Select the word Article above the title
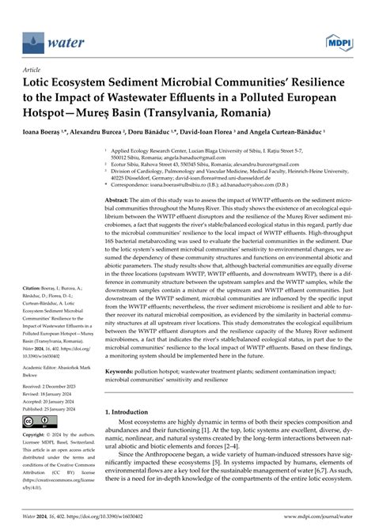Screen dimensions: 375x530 tap(35, 68)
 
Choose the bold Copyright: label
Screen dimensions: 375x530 tap(38, 435)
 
